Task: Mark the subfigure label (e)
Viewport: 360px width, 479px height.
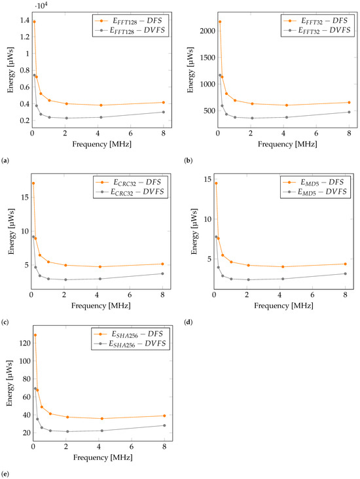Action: coord(6,471)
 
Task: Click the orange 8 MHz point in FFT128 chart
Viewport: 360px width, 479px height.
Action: coord(164,102)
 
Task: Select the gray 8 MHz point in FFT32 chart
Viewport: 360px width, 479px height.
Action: coord(349,112)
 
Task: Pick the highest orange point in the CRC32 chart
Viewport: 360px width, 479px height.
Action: coord(33,183)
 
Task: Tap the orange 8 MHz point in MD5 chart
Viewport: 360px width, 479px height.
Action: coord(345,264)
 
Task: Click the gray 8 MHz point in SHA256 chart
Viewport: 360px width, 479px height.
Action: coord(164,425)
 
